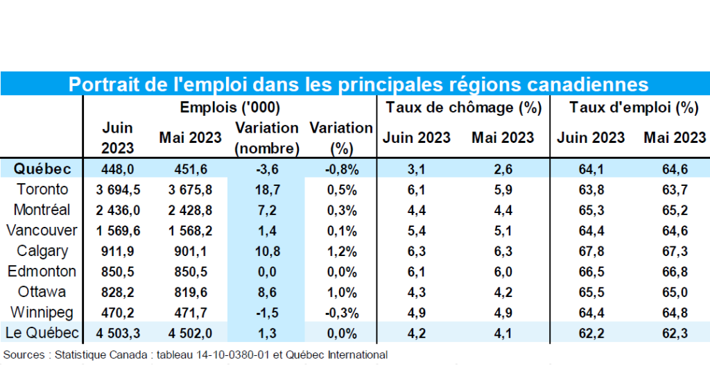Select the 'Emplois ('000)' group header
[x=230, y=108]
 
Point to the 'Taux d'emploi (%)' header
[x=634, y=108]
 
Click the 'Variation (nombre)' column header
[x=267, y=138]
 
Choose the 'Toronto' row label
[x=43, y=189]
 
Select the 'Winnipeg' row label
[x=43, y=312]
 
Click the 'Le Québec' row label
[x=42, y=332]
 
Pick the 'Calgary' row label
[x=43, y=250]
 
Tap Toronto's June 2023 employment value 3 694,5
[x=118, y=189]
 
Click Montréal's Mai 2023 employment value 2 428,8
[x=191, y=210]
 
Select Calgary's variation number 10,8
[x=267, y=250]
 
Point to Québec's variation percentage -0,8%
[x=341, y=169]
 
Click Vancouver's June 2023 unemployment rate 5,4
[x=417, y=230]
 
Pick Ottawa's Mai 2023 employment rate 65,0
[x=675, y=291]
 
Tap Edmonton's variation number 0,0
[x=267, y=271]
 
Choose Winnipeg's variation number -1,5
[x=267, y=312]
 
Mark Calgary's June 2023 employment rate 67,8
[x=591, y=250]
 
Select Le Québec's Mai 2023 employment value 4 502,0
[x=191, y=332]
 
